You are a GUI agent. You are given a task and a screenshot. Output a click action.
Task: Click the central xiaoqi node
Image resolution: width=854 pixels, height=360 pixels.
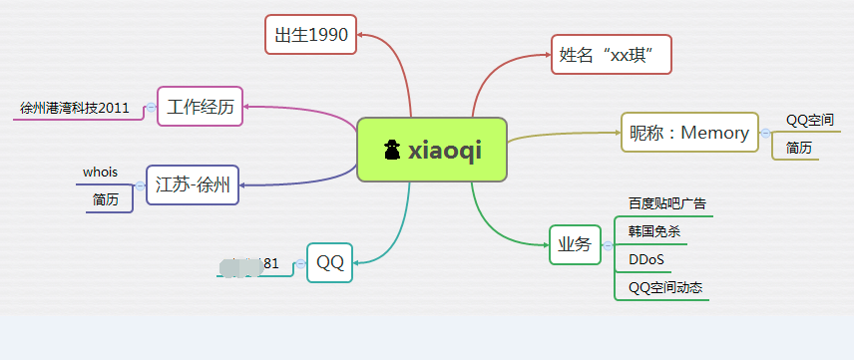point(432,150)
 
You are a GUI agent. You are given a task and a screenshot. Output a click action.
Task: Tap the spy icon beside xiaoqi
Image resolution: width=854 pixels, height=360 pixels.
point(392,150)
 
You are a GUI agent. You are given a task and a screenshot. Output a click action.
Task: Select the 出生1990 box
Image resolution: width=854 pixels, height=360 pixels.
point(311,36)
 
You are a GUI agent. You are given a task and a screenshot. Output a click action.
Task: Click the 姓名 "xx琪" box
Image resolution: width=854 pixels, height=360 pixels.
point(612,55)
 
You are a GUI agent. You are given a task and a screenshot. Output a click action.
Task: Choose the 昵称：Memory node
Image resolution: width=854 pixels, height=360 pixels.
point(688,133)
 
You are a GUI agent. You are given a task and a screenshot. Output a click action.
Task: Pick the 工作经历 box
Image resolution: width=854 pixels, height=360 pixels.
point(201,107)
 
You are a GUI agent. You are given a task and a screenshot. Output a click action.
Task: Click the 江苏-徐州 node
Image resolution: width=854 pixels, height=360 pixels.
point(193,184)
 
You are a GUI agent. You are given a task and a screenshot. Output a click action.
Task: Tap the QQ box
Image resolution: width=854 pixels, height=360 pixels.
point(330,263)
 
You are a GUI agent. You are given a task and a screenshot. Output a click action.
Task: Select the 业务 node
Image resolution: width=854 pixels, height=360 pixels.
point(575,244)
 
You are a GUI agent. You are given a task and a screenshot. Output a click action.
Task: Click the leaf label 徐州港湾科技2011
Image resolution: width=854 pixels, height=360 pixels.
point(75,108)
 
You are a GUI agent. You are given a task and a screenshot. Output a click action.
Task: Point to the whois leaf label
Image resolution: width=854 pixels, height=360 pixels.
point(100,173)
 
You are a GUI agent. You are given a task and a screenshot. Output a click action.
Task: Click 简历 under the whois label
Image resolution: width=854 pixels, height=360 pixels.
point(106,199)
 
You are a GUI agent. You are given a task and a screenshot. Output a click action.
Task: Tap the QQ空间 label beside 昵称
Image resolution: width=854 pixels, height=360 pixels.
point(810,120)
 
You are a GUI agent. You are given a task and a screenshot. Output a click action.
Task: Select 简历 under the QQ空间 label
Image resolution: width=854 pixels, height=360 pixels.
point(799,148)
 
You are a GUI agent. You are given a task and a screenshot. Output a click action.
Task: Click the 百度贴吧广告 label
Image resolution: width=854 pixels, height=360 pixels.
point(666,203)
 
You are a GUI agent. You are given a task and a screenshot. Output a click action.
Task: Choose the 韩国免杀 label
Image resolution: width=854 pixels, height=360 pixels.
point(653,231)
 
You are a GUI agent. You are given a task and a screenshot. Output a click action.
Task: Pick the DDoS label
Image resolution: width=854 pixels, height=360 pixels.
point(646,260)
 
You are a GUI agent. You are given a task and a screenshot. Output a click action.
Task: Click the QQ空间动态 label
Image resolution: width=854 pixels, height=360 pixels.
point(665,288)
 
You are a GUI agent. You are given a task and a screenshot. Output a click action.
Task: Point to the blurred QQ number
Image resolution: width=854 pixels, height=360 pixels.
point(247,265)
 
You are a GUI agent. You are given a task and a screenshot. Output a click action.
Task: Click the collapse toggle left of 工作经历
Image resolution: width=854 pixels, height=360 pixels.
point(151,107)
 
